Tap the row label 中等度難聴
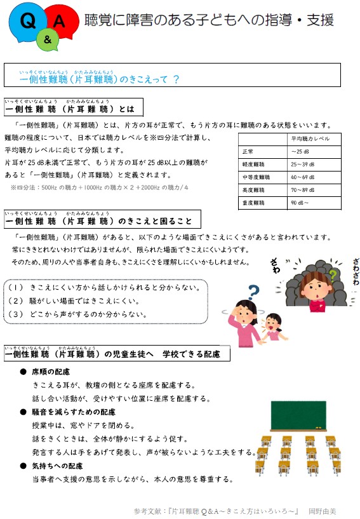coord(256,177)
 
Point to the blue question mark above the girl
coord(253,292)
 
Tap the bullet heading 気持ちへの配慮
coord(58,466)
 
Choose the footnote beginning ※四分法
coord(99,188)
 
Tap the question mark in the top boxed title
coord(176,79)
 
